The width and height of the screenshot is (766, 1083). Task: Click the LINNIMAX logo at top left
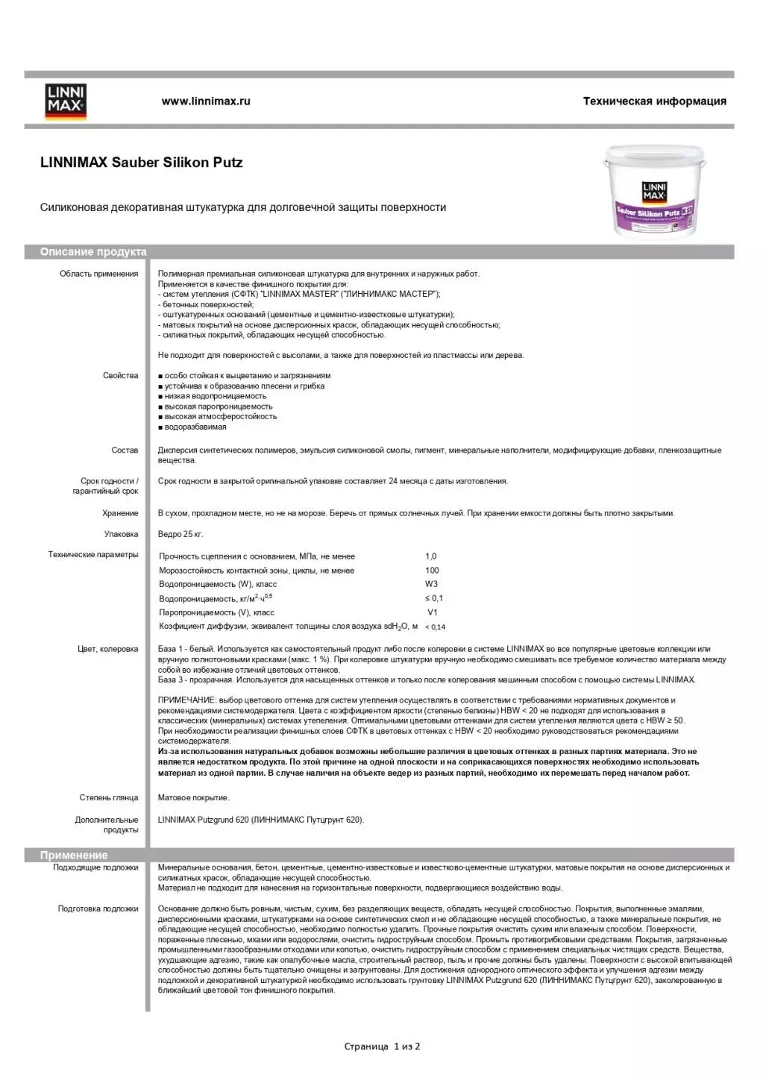click(x=66, y=101)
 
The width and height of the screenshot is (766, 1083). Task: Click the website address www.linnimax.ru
click(x=206, y=101)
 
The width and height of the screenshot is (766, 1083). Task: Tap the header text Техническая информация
click(x=654, y=101)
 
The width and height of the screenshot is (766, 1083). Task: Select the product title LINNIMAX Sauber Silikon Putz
click(x=142, y=163)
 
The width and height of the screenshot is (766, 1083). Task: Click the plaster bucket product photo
click(x=654, y=191)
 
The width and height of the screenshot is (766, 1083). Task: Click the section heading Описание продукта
click(x=93, y=252)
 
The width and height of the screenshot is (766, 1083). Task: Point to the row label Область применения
click(x=99, y=274)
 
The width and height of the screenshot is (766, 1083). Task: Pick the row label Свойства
click(x=121, y=376)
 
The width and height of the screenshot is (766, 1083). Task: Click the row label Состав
click(x=125, y=451)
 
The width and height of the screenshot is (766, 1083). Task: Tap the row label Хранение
click(x=120, y=513)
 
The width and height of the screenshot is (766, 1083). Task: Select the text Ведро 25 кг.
click(x=180, y=534)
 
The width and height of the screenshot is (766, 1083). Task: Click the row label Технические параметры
click(x=93, y=555)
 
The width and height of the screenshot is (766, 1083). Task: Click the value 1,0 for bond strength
click(x=431, y=556)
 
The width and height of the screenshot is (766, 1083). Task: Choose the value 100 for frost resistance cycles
click(x=432, y=571)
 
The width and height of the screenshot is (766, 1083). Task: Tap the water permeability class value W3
click(x=432, y=584)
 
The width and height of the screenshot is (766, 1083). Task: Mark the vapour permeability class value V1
click(x=433, y=612)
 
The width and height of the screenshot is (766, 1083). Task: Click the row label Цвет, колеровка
click(x=108, y=650)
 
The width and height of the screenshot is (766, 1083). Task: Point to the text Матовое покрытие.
click(x=193, y=798)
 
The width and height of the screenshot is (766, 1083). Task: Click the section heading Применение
click(x=74, y=856)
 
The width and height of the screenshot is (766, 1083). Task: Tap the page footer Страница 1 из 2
click(x=382, y=1047)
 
